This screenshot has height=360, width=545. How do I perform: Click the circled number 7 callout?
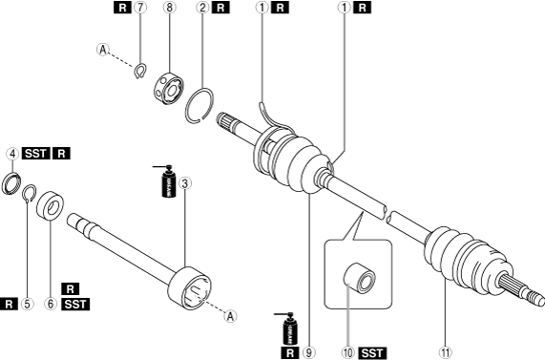click(x=140, y=8)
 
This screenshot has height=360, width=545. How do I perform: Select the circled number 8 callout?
click(x=169, y=8)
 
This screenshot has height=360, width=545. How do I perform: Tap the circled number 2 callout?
click(x=202, y=8)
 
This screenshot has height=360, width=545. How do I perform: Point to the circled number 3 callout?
click(x=184, y=183)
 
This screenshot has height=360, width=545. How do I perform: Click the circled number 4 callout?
click(x=12, y=154)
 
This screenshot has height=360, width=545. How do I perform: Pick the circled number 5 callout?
click(x=27, y=304)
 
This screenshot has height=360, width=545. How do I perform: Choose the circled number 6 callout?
click(x=51, y=304)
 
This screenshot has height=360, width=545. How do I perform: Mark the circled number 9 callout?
click(x=308, y=352)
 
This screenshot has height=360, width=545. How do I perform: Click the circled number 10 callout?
click(x=347, y=352)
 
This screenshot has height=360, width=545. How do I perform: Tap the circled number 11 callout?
click(x=445, y=352)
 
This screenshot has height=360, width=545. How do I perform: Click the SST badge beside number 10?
click(x=372, y=353)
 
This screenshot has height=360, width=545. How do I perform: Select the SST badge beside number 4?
click(x=36, y=154)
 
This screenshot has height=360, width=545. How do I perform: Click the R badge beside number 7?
click(x=122, y=8)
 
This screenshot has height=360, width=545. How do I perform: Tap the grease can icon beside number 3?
click(x=167, y=181)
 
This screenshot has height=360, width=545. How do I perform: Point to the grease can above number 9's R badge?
click(x=288, y=329)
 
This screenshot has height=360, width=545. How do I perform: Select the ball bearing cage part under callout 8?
click(x=169, y=88)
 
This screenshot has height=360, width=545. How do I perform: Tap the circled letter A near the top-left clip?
click(x=102, y=50)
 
